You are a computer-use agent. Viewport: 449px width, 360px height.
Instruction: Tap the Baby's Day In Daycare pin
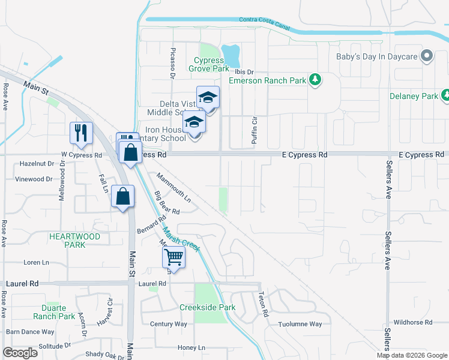click(427, 57)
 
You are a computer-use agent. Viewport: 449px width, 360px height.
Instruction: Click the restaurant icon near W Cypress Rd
click(81, 133)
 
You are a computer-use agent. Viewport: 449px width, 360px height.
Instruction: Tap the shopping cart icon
click(173, 257)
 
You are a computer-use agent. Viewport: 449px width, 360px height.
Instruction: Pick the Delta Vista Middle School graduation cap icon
click(208, 97)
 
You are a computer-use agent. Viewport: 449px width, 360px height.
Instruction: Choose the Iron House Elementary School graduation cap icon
click(194, 122)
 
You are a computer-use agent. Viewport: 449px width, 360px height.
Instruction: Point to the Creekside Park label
click(207, 308)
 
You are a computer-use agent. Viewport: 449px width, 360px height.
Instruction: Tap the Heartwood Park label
click(74, 241)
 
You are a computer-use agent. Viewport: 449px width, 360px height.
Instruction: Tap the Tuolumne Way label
click(300, 325)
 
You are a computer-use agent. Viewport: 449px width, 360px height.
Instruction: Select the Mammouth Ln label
click(173, 187)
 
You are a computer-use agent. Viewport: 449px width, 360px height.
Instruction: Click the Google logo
click(20, 353)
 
